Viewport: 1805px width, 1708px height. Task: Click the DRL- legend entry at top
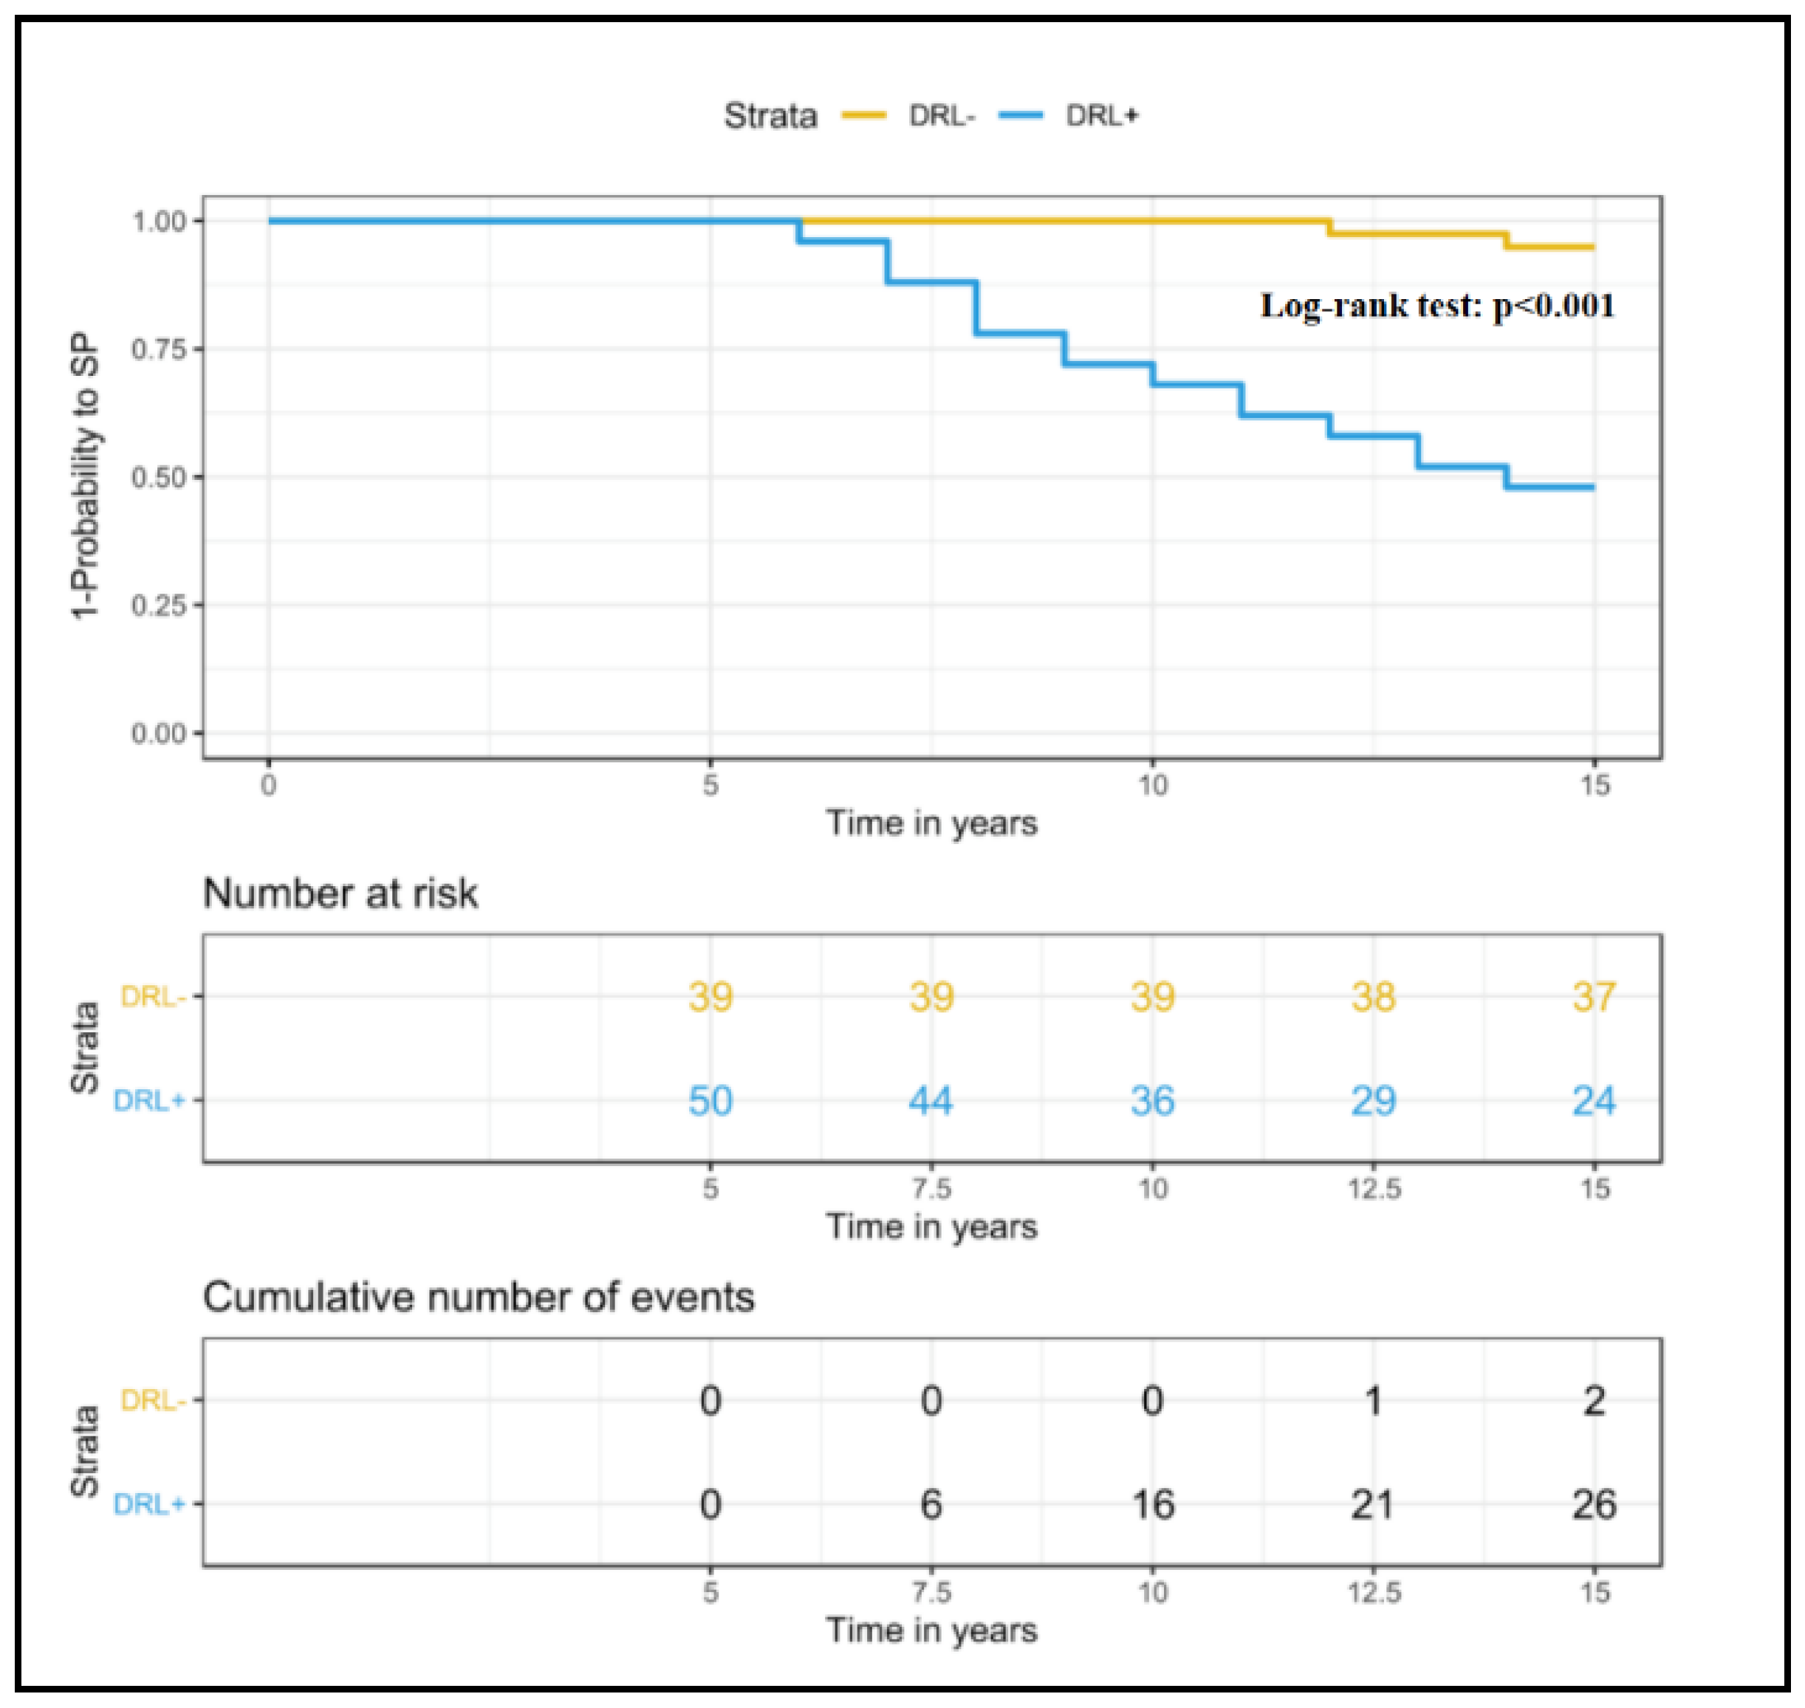point(941,117)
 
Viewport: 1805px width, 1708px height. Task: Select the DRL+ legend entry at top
point(1101,117)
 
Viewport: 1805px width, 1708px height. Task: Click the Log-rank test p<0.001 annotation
point(1436,306)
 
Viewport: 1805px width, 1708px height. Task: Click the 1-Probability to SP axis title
point(86,477)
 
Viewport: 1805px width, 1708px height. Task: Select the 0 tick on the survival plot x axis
point(268,785)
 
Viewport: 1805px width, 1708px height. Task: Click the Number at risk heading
point(340,894)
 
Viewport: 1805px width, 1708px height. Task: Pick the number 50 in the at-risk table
point(710,1101)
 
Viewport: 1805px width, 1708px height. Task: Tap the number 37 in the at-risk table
point(1594,997)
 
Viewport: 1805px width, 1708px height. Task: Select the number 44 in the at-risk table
point(931,1101)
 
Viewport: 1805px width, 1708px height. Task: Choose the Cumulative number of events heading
point(478,1297)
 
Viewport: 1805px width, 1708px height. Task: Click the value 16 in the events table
point(1152,1505)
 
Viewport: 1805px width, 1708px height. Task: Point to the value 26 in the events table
point(1594,1505)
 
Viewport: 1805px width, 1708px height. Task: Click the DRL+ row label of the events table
point(149,1505)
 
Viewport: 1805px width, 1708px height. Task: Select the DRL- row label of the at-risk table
point(153,997)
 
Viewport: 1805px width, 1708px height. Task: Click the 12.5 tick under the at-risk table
point(1374,1188)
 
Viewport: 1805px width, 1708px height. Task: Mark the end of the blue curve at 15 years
point(1593,488)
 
